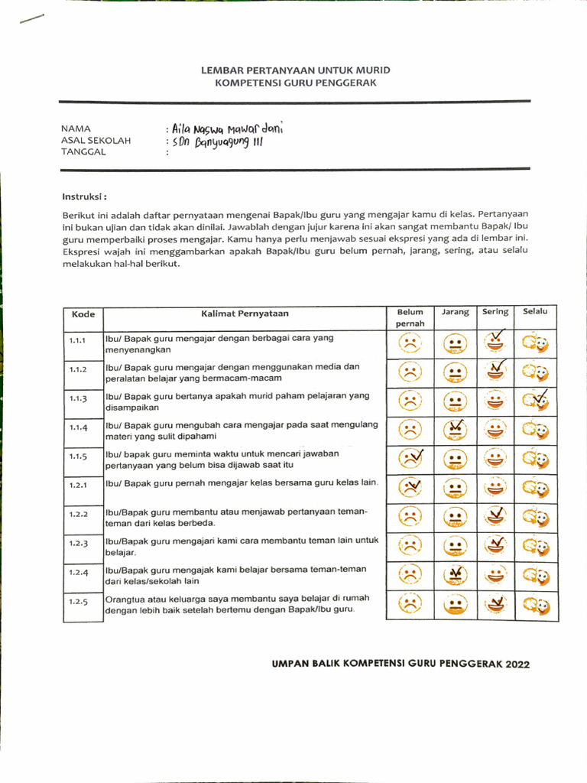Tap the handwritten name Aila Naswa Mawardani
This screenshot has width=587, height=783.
point(228,129)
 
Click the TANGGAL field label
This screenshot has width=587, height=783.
point(84,152)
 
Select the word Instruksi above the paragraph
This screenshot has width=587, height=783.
point(84,196)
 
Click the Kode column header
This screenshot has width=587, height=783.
point(83,314)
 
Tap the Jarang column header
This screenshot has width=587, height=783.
point(455,312)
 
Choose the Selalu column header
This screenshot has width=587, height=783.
point(535,312)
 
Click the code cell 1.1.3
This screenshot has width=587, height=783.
point(78,398)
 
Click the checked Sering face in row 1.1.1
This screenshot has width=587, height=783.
point(495,341)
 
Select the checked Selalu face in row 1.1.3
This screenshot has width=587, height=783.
point(535,400)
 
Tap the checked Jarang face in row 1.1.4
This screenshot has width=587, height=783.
point(455,429)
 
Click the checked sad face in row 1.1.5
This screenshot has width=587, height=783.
point(411,459)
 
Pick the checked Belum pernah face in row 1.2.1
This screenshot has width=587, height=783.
point(411,487)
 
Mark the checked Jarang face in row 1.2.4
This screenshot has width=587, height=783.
point(455,574)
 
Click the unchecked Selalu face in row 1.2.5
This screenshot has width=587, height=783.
point(535,604)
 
